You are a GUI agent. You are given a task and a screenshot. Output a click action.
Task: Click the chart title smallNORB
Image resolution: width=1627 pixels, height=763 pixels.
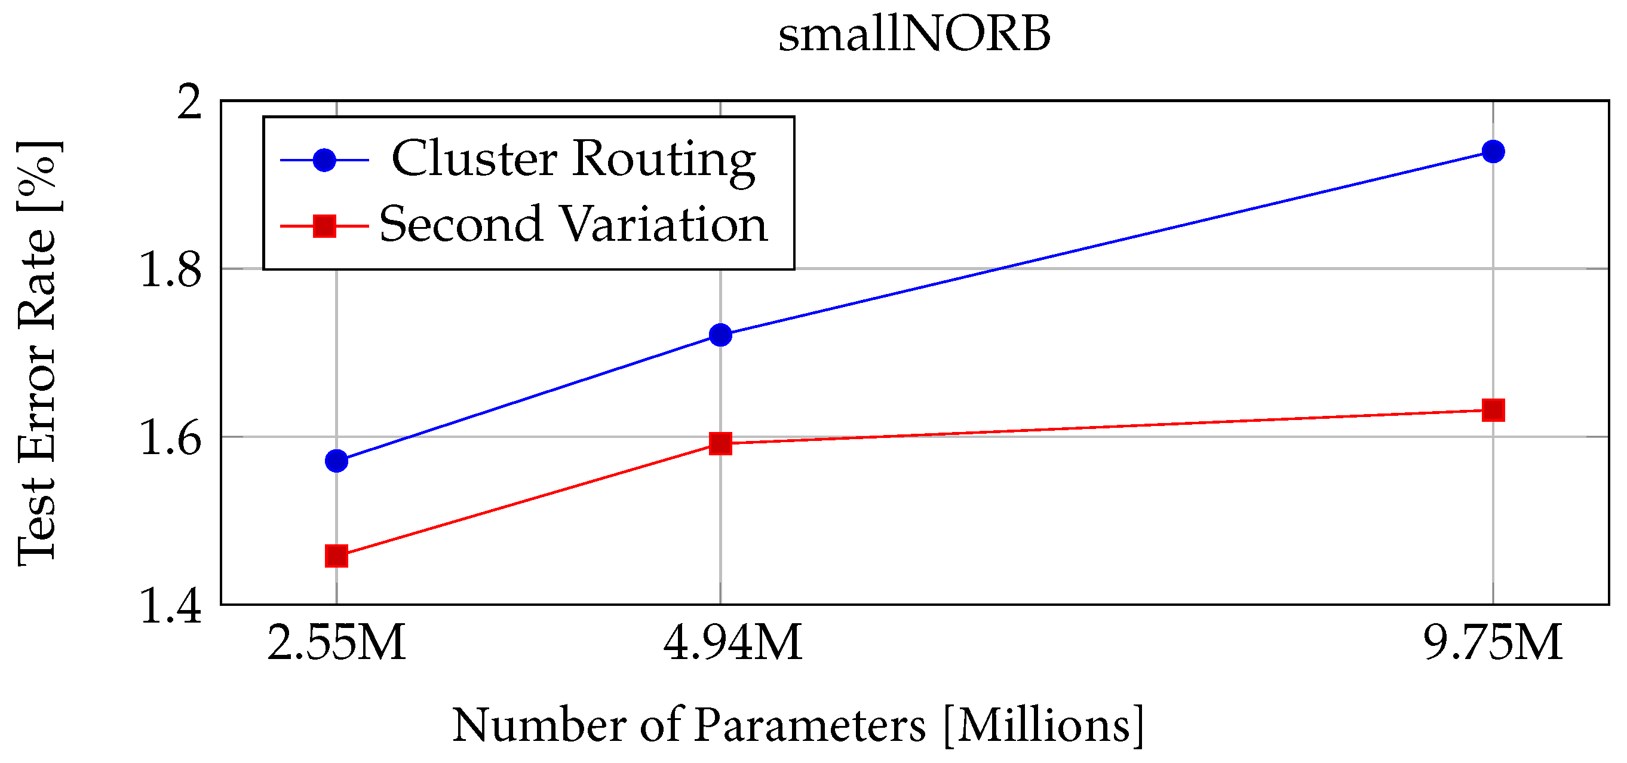pos(914,34)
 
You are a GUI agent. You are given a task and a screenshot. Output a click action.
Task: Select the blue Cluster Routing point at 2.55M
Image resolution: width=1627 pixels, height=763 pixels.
pos(336,461)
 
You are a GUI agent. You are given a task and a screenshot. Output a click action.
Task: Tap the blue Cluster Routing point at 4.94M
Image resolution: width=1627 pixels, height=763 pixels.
pos(720,335)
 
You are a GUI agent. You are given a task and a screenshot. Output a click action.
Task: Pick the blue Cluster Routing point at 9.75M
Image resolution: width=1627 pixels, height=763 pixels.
pos(1493,152)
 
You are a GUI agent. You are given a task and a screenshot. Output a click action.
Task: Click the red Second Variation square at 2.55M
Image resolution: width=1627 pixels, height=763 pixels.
pos(336,556)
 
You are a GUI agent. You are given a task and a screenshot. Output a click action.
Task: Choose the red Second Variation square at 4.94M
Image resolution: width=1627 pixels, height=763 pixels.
pos(720,443)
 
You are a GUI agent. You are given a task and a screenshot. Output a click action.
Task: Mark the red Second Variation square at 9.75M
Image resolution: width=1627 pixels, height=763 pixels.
pos(1493,410)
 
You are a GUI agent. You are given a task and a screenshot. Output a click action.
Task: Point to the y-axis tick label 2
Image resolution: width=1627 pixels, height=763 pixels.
pos(189,102)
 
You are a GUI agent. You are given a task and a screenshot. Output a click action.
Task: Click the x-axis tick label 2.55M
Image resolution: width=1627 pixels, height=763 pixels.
pos(336,643)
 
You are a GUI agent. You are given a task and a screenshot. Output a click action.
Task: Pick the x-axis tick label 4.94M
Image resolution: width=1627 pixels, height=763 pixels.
pos(732,643)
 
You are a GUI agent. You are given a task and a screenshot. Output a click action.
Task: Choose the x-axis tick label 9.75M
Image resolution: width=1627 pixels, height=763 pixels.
pos(1493,643)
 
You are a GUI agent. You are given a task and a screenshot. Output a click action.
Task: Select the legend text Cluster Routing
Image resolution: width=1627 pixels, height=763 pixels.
pos(573,159)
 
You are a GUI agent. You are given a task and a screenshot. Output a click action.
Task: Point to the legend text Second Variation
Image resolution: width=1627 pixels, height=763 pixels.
pos(573,224)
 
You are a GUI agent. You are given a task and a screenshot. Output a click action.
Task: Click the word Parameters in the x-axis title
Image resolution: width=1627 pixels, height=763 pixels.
pos(810,725)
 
